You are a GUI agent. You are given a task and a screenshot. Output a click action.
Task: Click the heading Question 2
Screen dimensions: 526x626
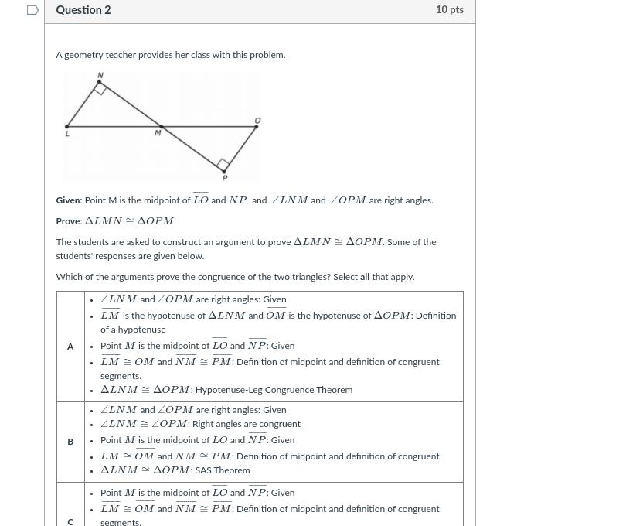[83, 10]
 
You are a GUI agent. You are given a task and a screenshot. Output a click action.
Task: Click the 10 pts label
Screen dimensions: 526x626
[449, 10]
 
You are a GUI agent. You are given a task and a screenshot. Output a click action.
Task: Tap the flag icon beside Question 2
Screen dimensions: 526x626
[32, 10]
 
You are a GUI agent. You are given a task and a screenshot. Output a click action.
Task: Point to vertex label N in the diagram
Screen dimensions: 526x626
[100, 75]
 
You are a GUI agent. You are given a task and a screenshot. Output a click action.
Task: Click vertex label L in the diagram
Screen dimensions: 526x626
[67, 134]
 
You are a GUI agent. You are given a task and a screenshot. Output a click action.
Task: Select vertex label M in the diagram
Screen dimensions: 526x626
[158, 133]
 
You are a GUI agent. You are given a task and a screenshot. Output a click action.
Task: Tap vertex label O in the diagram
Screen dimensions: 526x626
[257, 120]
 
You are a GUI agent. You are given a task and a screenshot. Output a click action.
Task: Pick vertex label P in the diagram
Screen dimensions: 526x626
[225, 178]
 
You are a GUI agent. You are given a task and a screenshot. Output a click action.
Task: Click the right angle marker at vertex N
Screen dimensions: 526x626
[100, 88]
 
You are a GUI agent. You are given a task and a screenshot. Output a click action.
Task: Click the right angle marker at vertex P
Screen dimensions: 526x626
[223, 164]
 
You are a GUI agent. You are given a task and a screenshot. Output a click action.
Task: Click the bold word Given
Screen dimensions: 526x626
[68, 200]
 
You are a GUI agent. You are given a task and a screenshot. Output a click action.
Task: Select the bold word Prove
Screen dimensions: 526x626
[68, 221]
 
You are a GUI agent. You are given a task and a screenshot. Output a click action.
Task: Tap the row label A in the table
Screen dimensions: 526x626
[70, 347]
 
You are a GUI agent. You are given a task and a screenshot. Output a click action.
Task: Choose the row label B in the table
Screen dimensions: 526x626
[70, 442]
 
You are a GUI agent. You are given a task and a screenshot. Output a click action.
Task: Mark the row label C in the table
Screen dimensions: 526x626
[70, 521]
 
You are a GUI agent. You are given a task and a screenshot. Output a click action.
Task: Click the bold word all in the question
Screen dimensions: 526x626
[365, 277]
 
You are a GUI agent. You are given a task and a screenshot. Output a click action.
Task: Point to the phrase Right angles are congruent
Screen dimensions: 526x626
[246, 424]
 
